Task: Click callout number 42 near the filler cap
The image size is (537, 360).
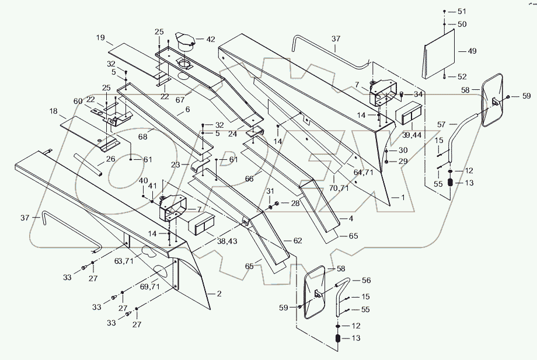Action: click(x=210, y=39)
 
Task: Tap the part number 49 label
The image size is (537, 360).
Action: click(x=472, y=51)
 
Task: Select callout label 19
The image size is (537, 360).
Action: click(x=100, y=38)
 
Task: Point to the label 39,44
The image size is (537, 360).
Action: click(x=412, y=135)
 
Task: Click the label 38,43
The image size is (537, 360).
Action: click(x=227, y=241)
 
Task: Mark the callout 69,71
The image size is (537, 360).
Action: click(x=149, y=286)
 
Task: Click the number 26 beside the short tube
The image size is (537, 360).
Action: click(x=110, y=159)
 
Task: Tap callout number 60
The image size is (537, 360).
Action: click(x=78, y=101)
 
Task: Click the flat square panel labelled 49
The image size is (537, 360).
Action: click(x=439, y=54)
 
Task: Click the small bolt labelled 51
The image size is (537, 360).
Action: click(x=444, y=11)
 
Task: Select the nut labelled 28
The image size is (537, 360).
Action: click(x=277, y=204)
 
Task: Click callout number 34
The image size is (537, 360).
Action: click(x=418, y=94)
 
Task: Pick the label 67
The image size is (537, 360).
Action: click(x=180, y=100)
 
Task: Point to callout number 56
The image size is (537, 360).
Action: click(x=366, y=280)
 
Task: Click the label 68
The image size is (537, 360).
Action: click(x=143, y=137)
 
